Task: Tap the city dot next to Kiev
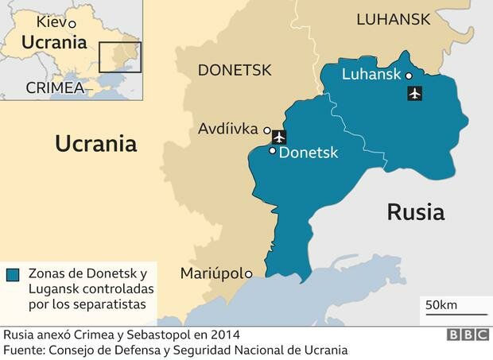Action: [72, 25]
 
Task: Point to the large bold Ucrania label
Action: [95, 144]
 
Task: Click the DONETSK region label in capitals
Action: [235, 70]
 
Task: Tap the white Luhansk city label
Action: [371, 75]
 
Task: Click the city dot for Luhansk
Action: [409, 76]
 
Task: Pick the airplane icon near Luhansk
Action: [414, 95]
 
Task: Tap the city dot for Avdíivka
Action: [267, 130]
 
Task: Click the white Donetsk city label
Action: [309, 152]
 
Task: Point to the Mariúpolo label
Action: [210, 273]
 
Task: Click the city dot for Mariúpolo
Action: [249, 274]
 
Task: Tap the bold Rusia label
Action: [415, 212]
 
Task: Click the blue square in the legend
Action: [13, 275]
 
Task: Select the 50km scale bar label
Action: [440, 305]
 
